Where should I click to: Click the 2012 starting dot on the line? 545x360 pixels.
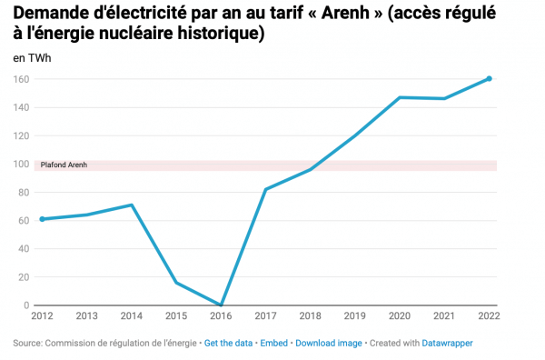pos(42,219)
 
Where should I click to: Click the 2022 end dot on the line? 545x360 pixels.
pos(489,78)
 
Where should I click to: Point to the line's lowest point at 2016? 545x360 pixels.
pos(221,305)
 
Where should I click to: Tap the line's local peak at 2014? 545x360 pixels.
pos(132,205)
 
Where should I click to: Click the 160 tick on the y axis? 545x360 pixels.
pos(20,79)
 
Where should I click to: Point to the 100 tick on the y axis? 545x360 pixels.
pos(20,164)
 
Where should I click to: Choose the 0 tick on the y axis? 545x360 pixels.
pos(25,305)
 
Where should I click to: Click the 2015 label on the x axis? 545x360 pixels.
pos(175,316)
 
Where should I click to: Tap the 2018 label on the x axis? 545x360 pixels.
pos(310,316)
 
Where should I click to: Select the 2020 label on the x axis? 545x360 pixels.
pos(400,316)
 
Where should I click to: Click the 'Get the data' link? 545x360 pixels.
pos(229,343)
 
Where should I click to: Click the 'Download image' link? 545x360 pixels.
pos(329,343)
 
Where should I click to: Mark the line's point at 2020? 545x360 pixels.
pos(400,97)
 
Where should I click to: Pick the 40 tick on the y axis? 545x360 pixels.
pos(23,248)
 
